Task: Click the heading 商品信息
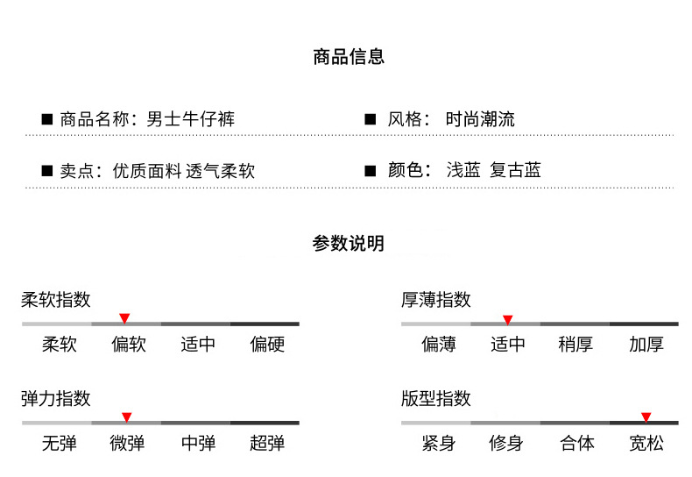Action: coord(349,58)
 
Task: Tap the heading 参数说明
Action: coord(348,244)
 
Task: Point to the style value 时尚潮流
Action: coord(480,119)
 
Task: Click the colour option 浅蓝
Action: coord(463,170)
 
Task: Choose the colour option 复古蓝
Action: coord(516,170)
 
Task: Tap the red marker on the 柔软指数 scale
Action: coord(124,317)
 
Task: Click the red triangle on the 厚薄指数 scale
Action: coord(507,319)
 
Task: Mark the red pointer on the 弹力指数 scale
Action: coord(126,416)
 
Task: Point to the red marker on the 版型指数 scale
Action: coord(646,416)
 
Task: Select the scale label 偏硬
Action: coord(267,345)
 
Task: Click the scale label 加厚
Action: coord(646,345)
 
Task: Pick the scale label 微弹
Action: coord(128,444)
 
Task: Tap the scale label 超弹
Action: coord(267,444)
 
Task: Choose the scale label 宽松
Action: coord(646,444)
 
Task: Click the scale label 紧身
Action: coord(438,444)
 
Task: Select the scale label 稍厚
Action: coord(575,345)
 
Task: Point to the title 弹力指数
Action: coord(56,399)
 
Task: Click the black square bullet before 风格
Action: coord(370,119)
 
